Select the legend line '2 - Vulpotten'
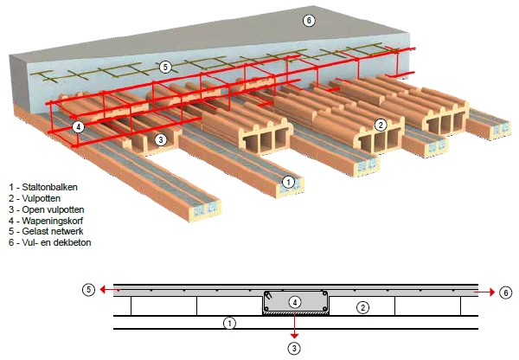pos(35,198)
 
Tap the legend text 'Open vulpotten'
pos(53,209)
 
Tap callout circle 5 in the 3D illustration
pos(165,66)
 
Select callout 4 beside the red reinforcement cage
pos(79,126)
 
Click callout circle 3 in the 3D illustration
pos(160,138)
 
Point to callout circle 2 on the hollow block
pos(380,125)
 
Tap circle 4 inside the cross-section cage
pos(296,302)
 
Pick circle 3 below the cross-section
pos(296,347)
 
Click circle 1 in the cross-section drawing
pos(229,324)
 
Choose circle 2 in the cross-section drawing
pos(363,306)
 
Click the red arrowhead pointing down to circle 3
pos(296,334)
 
